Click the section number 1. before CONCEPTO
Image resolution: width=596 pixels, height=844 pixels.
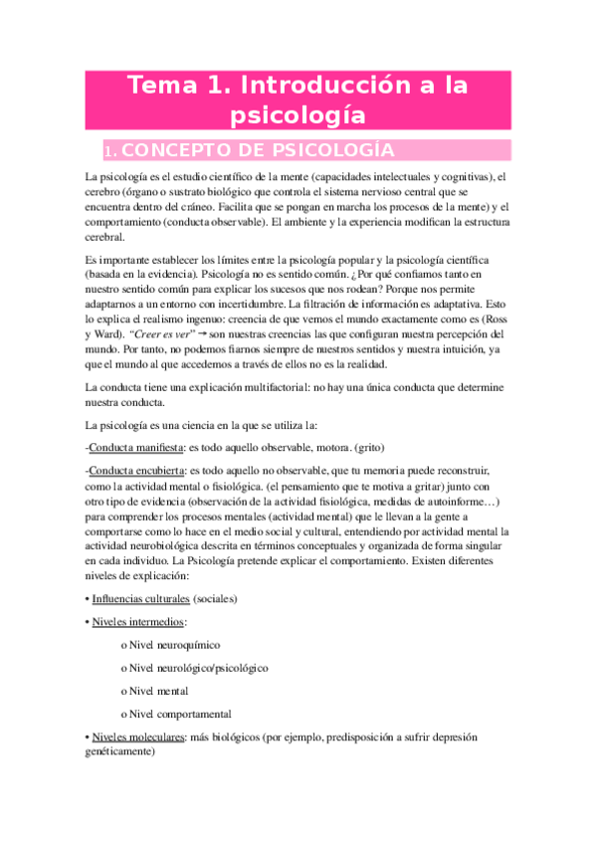(111, 151)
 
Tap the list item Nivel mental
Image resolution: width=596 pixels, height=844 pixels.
(159, 691)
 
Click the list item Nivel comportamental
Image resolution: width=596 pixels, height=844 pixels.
(180, 714)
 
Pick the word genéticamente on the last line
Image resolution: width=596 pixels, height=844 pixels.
(121, 752)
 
